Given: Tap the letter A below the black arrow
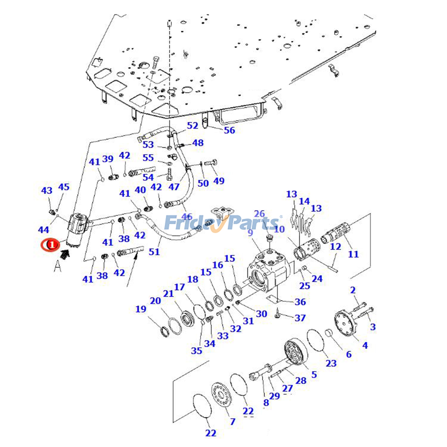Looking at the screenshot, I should (x=57, y=266).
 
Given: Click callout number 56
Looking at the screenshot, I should (x=229, y=130).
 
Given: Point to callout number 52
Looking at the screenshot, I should (x=192, y=125).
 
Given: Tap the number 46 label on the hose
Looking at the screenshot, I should (x=187, y=217).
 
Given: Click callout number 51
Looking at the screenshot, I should (x=154, y=252).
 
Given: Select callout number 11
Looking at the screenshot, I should (x=353, y=254).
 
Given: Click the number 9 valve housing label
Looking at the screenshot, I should (x=250, y=232).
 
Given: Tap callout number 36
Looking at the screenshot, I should (x=300, y=302).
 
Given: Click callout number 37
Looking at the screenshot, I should (x=300, y=318).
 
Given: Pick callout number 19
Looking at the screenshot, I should (x=141, y=309).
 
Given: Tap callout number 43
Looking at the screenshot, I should (x=46, y=191).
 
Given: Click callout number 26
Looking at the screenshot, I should (x=259, y=214).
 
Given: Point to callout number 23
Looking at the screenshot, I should (x=331, y=363).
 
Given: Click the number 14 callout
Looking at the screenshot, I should (x=304, y=201).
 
